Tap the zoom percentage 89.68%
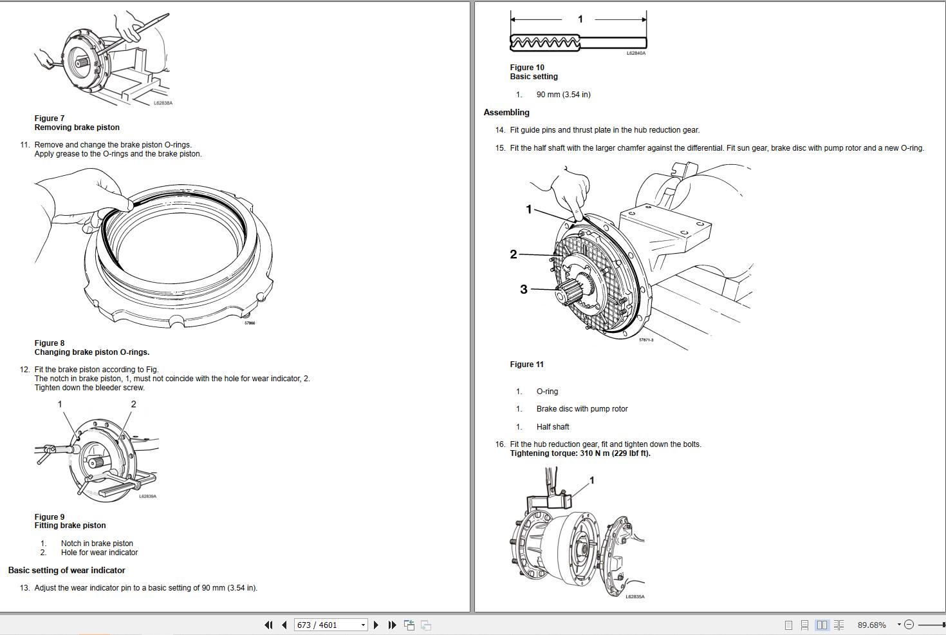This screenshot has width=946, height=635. coord(871,625)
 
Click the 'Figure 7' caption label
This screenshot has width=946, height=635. coord(50,118)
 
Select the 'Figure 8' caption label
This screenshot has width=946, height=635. coord(50,343)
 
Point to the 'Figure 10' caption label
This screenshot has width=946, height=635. coord(527,68)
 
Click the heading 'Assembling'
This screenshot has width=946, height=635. coord(506,113)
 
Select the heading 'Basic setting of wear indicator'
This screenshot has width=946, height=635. coord(66,571)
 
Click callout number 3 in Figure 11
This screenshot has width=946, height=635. coord(524,290)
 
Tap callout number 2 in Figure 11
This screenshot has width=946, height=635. coord(514,254)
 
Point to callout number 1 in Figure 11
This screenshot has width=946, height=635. coord(529,209)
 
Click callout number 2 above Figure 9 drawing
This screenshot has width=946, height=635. coord(133,404)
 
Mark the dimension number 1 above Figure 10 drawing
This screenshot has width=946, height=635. coord(580,19)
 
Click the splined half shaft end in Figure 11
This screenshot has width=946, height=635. coord(570,292)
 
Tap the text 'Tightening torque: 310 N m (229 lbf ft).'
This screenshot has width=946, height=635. coord(580,453)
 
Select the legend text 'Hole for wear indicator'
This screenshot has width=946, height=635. coord(99,553)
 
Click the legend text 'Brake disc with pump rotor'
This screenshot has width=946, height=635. coord(582,409)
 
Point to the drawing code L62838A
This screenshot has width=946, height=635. coord(163,103)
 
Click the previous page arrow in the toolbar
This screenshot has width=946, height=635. coord(284,625)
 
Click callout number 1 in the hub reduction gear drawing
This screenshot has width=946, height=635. coord(592,480)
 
